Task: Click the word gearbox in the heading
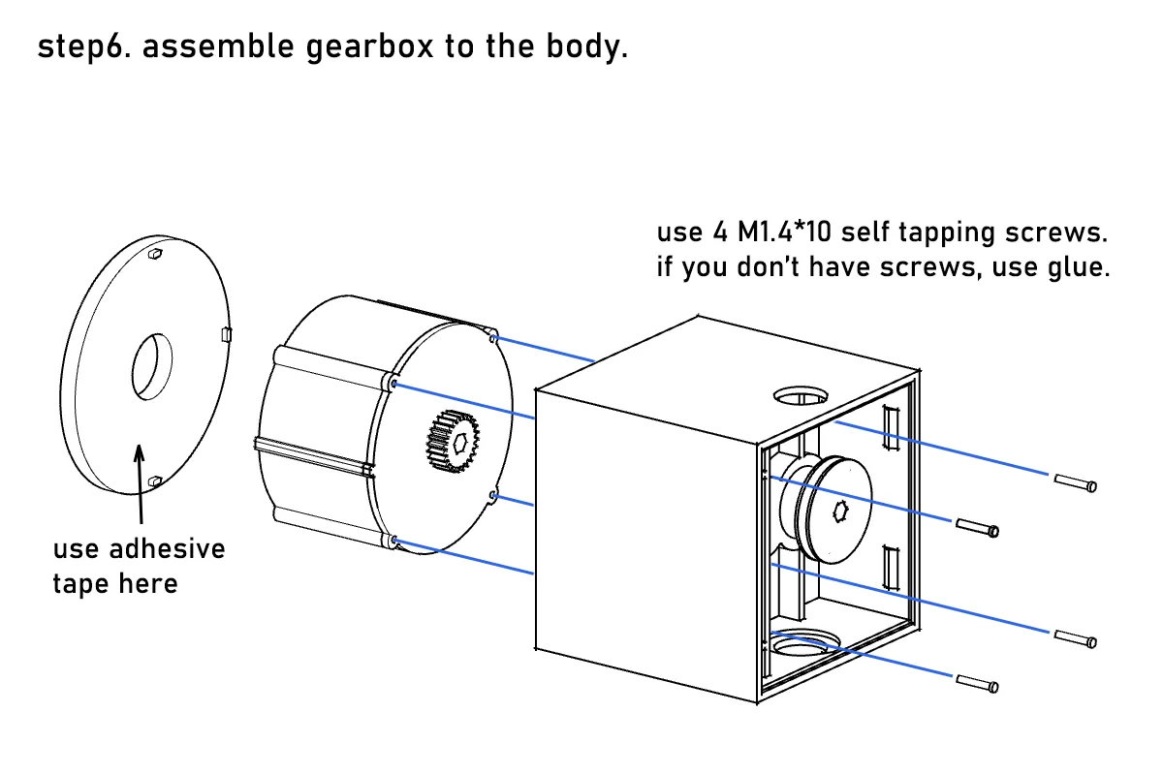tap(369, 47)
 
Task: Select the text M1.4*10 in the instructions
tap(784, 232)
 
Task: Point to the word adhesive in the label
tap(167, 548)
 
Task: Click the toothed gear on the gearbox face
tap(453, 441)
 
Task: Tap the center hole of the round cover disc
tap(151, 366)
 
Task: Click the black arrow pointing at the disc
tap(140, 483)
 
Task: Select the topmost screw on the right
tap(1075, 482)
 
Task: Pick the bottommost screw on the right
tap(977, 684)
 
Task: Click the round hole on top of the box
tap(801, 396)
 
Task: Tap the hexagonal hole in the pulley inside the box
tap(840, 511)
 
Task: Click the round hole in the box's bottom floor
tap(803, 643)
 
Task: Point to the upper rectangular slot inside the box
tap(891, 428)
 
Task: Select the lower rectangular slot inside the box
tap(891, 568)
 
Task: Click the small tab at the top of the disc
tap(155, 253)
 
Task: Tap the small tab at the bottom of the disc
tap(155, 481)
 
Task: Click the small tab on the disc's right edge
tap(227, 334)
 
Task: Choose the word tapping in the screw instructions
tap(946, 233)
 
